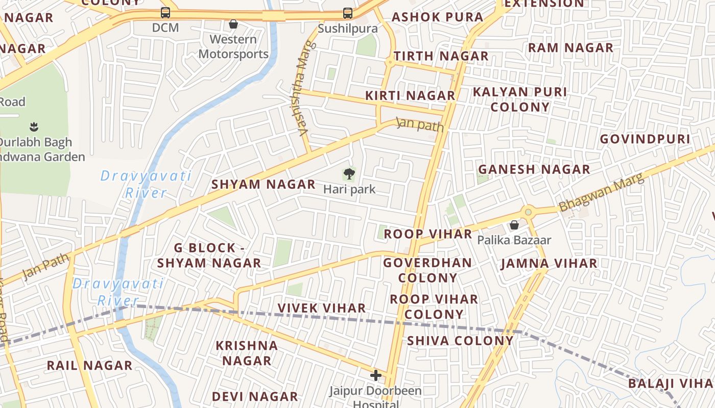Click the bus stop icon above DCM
coord(165,13)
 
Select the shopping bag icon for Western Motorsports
coord(233,24)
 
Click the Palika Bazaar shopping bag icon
coord(514,225)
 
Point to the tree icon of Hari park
coord(349,174)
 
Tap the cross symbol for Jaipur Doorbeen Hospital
coord(376,376)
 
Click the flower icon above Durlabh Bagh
coord(34,126)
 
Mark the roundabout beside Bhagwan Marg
coord(528,212)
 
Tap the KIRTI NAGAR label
coord(410,95)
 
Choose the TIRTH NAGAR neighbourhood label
coord(441,56)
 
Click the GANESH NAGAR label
coord(534,169)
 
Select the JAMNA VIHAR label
coord(549,264)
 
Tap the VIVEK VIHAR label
coord(322,308)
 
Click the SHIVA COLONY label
coord(460,341)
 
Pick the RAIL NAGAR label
coord(89,366)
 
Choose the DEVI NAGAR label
coord(255,396)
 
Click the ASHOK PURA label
coord(437,17)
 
